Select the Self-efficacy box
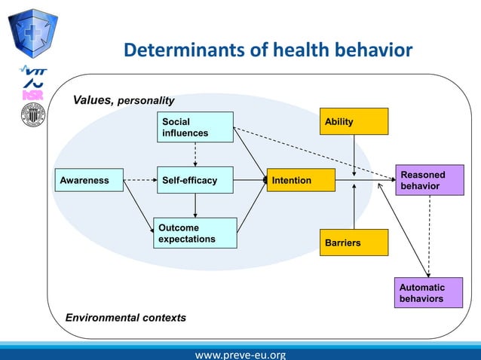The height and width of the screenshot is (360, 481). tap(195, 181)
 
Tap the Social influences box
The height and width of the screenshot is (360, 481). tap(195, 127)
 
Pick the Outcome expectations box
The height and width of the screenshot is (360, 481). tap(195, 233)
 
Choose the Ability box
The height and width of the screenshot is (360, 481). tap(354, 121)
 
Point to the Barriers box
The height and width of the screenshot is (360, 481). tap(354, 243)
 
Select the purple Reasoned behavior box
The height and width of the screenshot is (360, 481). tap(429, 181)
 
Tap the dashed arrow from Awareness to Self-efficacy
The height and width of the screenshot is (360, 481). tap(140, 181)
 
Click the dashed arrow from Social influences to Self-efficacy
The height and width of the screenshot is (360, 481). tap(195, 154)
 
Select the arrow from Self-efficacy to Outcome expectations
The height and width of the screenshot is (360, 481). tap(195, 206)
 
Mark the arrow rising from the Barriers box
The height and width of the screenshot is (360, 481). tap(354, 207)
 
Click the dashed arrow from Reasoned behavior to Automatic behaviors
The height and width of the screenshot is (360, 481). tap(429, 237)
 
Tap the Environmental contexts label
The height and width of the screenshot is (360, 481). tap(125, 318)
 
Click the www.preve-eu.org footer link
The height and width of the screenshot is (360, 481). tap(240, 354)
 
